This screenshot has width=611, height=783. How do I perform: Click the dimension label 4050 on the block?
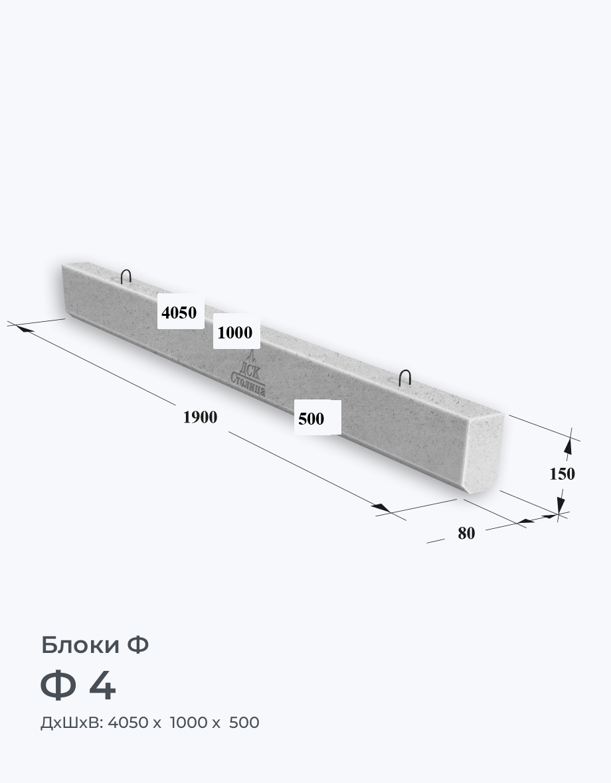pos(179,313)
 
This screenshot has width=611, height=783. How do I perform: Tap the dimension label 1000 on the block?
pos(235,332)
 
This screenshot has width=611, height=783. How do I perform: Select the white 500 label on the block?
pos(311,419)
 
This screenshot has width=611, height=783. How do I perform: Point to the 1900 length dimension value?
pos(200,417)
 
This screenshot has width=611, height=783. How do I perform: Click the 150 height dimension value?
pos(562,473)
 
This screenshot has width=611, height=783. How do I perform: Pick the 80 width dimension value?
pos(466,534)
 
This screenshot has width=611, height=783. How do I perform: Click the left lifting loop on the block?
pos(126,276)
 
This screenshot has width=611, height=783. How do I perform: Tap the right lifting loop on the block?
pos(404,378)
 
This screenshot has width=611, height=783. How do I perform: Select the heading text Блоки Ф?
pos(95,645)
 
